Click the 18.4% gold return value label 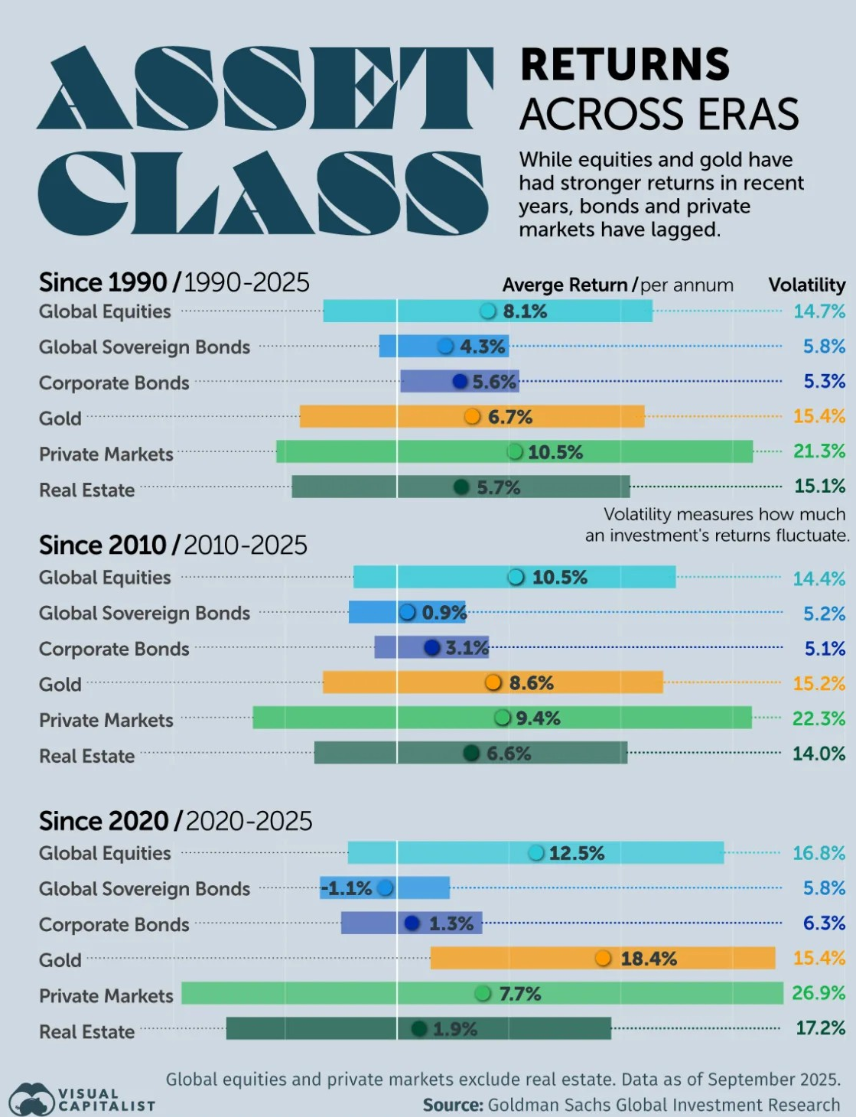[x=648, y=959]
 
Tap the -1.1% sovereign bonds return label [x=347, y=888]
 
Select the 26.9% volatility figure [x=819, y=993]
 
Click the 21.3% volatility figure [x=819, y=451]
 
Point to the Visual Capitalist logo [x=81, y=1099]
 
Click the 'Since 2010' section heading [x=103, y=545]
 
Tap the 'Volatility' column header [x=806, y=285]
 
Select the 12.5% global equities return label [x=576, y=853]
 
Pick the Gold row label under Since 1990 [x=60, y=418]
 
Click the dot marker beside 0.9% [x=408, y=612]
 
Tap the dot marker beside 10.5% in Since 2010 [x=516, y=577]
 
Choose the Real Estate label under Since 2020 [x=87, y=1032]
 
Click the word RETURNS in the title [x=625, y=64]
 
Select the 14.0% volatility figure [x=819, y=754]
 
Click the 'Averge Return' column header [x=565, y=285]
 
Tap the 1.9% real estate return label [x=454, y=1029]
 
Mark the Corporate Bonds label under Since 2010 [x=114, y=649]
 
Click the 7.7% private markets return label [x=519, y=994]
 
